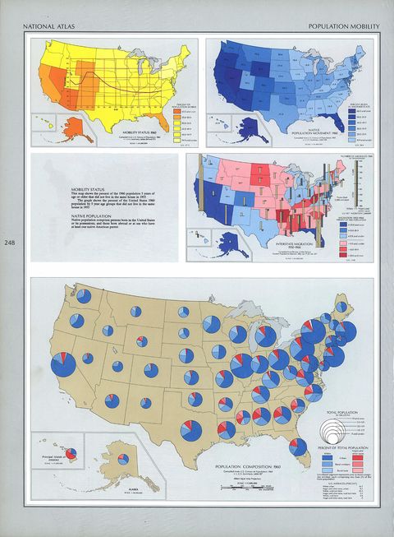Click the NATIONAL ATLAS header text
click(48, 27)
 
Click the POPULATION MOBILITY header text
click(344, 27)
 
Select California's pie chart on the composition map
click(63, 365)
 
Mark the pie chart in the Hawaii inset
click(71, 453)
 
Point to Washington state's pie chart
click(77, 319)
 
